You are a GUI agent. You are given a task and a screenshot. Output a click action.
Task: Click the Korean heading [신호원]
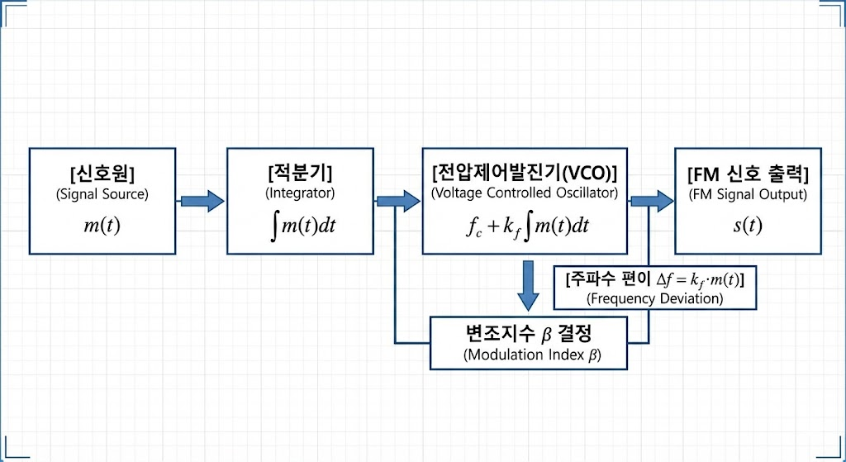click(103, 174)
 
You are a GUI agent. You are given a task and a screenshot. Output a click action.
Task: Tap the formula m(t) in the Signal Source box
click(102, 225)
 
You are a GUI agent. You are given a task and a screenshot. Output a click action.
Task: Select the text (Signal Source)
click(102, 195)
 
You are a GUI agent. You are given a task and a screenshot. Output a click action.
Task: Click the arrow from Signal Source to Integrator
click(202, 201)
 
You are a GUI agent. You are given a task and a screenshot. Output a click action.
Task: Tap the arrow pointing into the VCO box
click(398, 201)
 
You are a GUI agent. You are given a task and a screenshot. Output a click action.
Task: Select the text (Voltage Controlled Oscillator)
click(525, 193)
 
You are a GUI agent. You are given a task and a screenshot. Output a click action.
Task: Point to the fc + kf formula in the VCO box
click(527, 226)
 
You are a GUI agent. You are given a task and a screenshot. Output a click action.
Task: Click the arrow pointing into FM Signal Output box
click(653, 201)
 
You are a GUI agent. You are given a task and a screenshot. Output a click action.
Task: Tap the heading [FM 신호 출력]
click(748, 174)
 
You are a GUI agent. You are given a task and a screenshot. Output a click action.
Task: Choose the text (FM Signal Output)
click(748, 195)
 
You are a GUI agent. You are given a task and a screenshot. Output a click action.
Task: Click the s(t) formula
click(747, 226)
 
